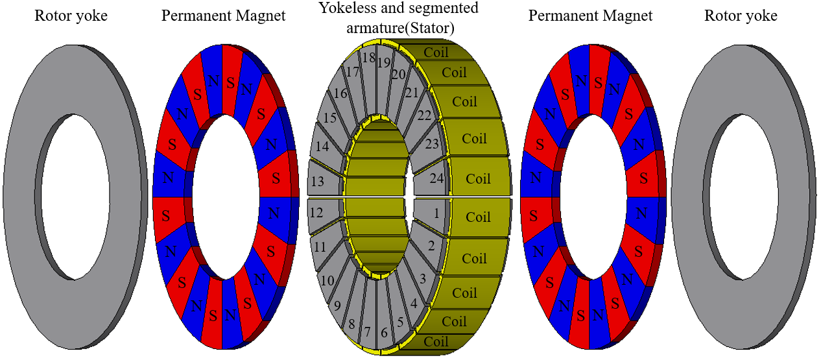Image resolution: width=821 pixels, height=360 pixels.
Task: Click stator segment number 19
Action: (383, 63)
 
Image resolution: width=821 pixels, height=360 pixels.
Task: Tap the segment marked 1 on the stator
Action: (436, 213)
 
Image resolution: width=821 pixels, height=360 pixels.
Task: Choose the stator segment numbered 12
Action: (316, 213)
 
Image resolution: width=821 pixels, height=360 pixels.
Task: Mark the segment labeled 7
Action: (368, 332)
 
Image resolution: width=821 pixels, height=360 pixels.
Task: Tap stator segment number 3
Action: (423, 280)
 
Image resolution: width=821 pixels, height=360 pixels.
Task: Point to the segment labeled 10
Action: (328, 280)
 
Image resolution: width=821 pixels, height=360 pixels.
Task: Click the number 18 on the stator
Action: (368, 58)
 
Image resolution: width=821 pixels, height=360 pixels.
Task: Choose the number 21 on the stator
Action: (412, 93)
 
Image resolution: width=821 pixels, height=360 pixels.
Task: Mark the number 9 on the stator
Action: (336, 304)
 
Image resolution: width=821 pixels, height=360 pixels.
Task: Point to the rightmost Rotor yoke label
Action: (741, 16)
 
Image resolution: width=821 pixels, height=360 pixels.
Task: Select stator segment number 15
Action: (330, 118)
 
